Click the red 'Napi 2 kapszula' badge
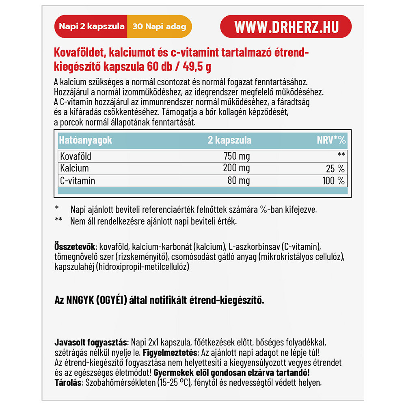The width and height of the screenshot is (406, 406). tap(91, 27)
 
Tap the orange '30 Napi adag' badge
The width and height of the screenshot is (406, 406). tap(159, 27)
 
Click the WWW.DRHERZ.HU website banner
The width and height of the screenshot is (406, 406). tap(285, 27)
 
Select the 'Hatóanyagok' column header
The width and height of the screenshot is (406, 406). tap(85, 140)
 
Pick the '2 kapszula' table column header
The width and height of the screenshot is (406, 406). tap(229, 140)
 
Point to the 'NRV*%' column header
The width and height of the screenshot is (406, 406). tap(331, 140)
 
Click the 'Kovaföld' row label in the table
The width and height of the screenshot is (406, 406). tap(76, 156)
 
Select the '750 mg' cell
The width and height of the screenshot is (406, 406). tap(237, 156)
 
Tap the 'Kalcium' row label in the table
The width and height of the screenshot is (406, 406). tap(74, 168)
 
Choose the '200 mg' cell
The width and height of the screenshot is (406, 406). tap(237, 168)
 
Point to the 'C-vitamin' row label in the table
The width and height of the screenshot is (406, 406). tap(77, 181)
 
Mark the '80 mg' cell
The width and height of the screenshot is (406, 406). tap(239, 181)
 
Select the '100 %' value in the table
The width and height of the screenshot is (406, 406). tap(333, 181)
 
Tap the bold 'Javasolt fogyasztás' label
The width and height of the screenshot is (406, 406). tap(91, 340)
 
